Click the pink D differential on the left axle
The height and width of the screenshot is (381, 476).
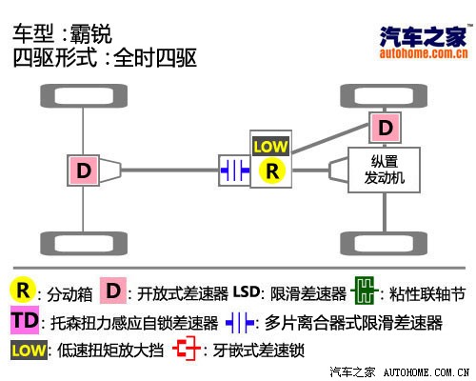point(84,170)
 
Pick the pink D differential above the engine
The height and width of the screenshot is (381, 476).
point(386,128)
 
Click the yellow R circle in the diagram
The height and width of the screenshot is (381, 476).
point(272,171)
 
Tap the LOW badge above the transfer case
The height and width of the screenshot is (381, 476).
point(270,147)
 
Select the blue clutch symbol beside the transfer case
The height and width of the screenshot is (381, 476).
point(235,170)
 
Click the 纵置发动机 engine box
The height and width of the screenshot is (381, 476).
point(385,170)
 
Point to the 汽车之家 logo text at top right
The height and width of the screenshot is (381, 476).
point(424,36)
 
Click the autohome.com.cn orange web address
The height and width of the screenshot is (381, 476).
point(424,53)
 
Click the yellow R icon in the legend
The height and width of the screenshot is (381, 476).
point(23,291)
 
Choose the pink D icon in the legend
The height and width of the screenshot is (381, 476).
point(113,291)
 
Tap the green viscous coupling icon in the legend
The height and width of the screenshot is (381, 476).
point(365,291)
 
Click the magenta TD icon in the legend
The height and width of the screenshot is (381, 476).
point(25,320)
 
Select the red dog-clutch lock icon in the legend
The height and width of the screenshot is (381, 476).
point(187,349)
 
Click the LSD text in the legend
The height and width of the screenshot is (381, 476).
point(247,291)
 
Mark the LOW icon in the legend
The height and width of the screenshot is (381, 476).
point(29,351)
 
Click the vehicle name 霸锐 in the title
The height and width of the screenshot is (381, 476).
point(91,34)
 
